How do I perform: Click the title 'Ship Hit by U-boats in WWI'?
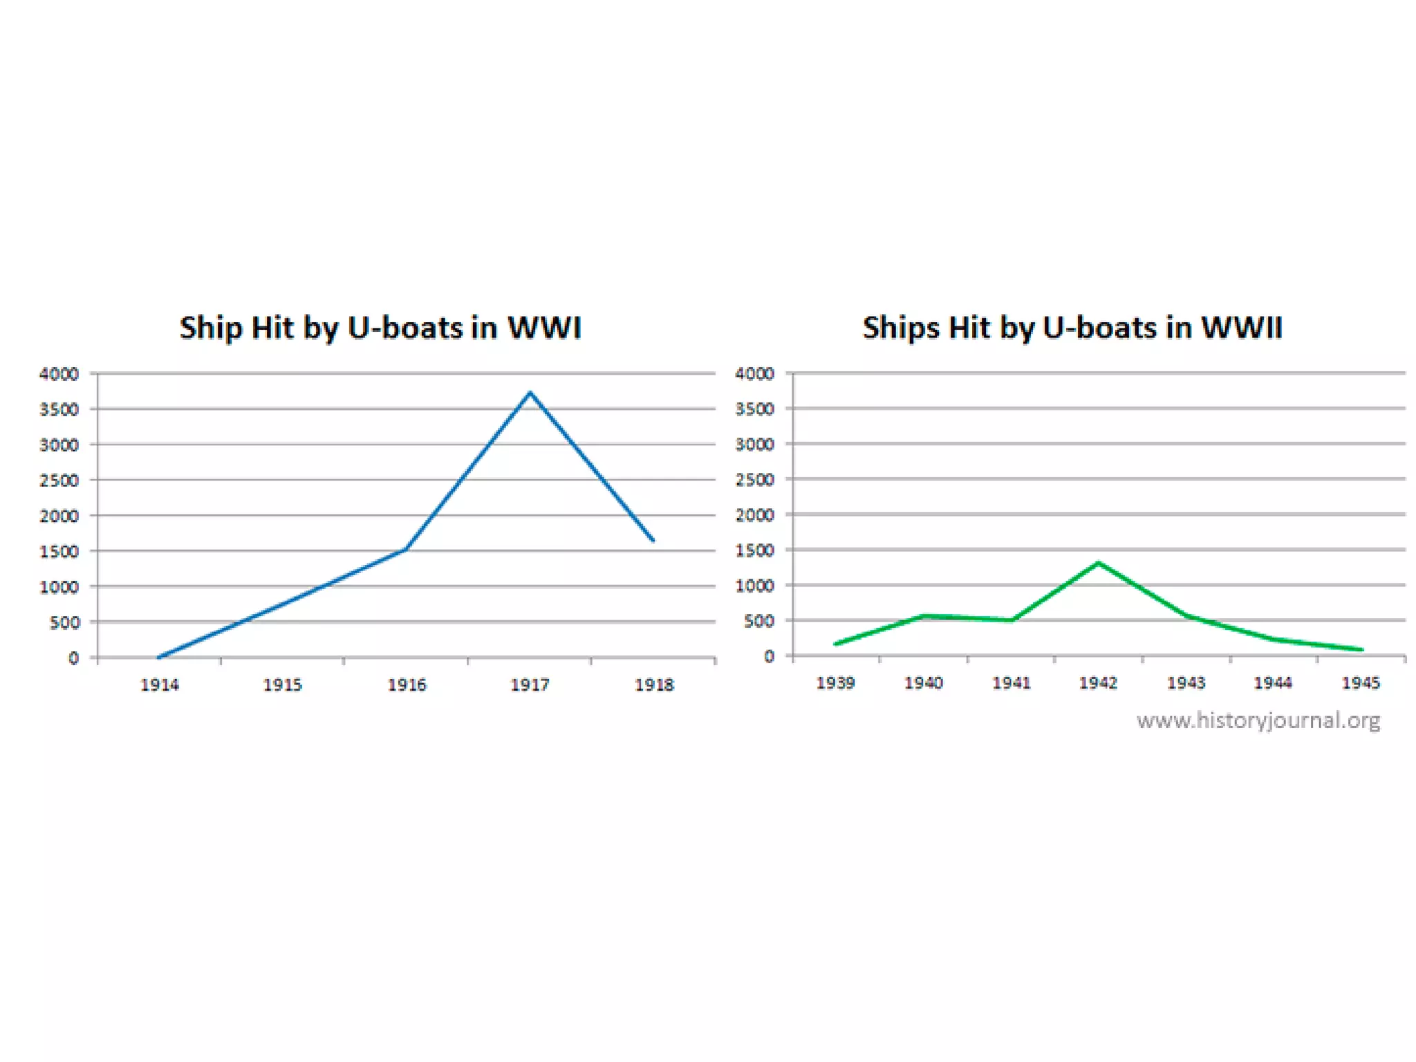point(380,328)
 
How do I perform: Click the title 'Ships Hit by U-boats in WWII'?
point(1072,328)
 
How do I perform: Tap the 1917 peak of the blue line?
point(530,393)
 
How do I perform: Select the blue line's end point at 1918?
point(653,540)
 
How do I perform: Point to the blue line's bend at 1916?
point(406,549)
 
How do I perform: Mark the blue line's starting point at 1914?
point(160,657)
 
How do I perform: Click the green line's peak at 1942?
point(1098,563)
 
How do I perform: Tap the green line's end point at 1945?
point(1361,649)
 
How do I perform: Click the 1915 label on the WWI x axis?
point(283,685)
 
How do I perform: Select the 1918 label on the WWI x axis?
point(654,685)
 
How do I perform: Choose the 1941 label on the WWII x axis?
point(1012,683)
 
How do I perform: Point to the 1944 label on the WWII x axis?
point(1273,683)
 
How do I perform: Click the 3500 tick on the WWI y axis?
point(59,409)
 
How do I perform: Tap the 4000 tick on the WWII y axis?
point(754,374)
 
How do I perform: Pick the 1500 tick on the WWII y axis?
point(754,550)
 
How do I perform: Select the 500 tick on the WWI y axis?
point(64,622)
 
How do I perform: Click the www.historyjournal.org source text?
point(1258,720)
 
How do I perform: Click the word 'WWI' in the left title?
point(544,328)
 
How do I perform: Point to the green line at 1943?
point(1186,615)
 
